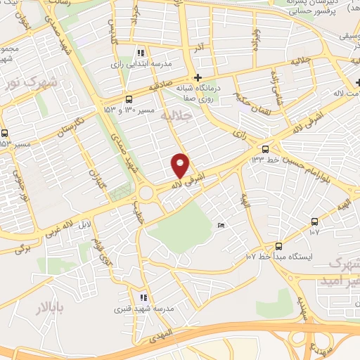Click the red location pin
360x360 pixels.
[181, 164]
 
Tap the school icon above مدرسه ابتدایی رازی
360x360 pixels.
[141, 53]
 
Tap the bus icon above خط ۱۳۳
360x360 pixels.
[265, 149]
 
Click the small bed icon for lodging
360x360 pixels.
[221, 226]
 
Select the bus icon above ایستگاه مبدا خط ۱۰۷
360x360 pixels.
[279, 245]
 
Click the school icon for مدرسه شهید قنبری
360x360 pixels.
[143, 297]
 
